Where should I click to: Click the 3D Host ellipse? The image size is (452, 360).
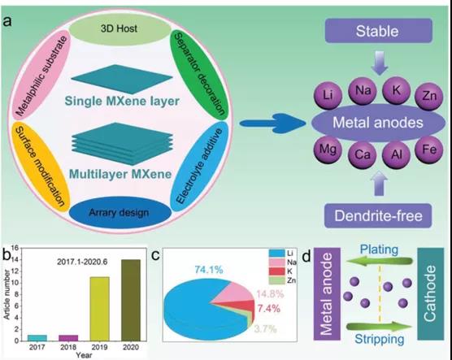(120, 28)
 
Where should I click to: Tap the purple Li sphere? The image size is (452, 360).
(328, 95)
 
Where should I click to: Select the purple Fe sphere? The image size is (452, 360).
(428, 150)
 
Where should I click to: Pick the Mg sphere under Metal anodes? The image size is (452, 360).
(328, 150)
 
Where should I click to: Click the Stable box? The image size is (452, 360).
(379, 31)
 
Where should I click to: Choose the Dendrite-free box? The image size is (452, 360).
(378, 215)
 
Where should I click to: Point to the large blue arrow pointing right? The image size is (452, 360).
(272, 124)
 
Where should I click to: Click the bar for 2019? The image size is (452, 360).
(99, 309)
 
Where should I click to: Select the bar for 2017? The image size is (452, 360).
(37, 338)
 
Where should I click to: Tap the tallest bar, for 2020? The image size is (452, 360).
(131, 300)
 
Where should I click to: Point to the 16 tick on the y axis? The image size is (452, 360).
(15, 248)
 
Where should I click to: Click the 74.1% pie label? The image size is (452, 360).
(209, 270)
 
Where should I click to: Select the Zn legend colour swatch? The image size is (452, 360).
(276, 280)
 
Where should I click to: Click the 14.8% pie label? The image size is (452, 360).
(270, 294)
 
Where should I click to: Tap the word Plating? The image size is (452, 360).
(379, 249)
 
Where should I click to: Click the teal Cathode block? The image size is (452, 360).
(431, 293)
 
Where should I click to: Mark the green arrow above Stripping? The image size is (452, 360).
(380, 327)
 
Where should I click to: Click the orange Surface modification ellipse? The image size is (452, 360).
(40, 167)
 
